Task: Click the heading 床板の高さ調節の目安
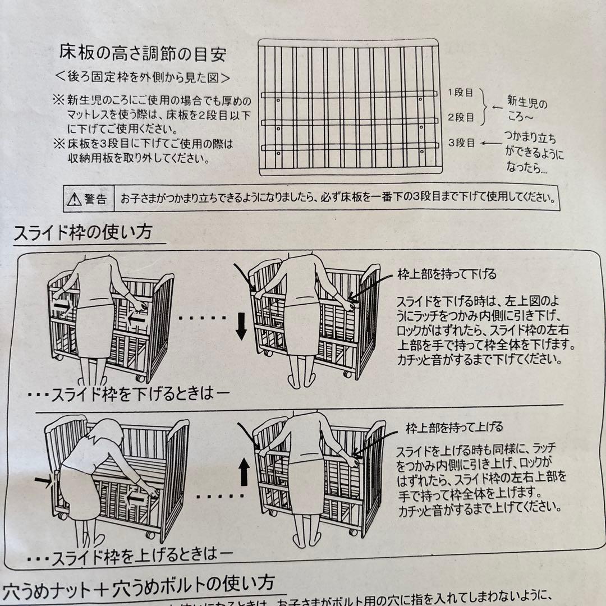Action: click(143, 54)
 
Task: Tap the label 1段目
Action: click(461, 93)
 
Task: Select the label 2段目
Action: click(461, 117)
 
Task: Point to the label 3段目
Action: click(461, 143)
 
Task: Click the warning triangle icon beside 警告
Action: click(74, 199)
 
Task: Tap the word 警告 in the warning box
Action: click(95, 199)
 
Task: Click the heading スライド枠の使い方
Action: click(82, 232)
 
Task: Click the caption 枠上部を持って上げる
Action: click(454, 429)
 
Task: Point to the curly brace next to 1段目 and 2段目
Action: click(484, 105)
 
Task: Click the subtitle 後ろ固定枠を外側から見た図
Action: click(143, 76)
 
